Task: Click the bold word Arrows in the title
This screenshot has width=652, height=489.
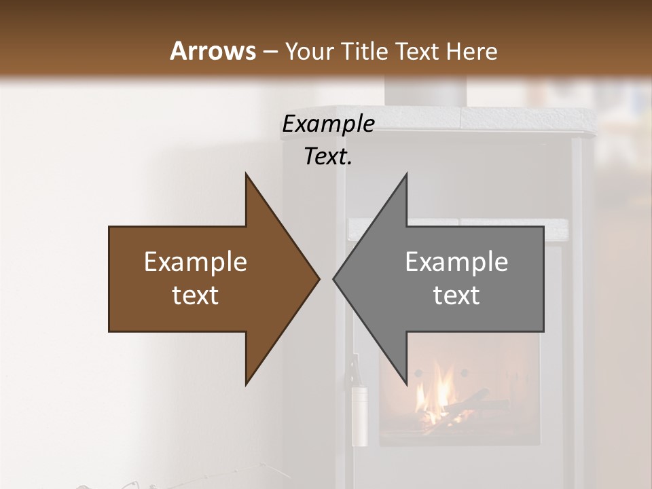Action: tap(213, 51)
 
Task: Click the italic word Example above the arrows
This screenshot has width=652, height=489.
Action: tap(328, 124)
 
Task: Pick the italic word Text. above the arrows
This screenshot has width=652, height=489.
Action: tap(328, 157)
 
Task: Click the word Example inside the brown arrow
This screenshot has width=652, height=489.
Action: tap(195, 261)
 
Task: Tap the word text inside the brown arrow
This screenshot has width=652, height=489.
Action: tap(195, 295)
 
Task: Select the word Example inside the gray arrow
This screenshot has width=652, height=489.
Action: tap(456, 261)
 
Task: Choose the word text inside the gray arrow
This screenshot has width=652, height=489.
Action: tap(456, 295)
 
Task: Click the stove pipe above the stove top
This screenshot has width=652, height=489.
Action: tap(426, 92)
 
